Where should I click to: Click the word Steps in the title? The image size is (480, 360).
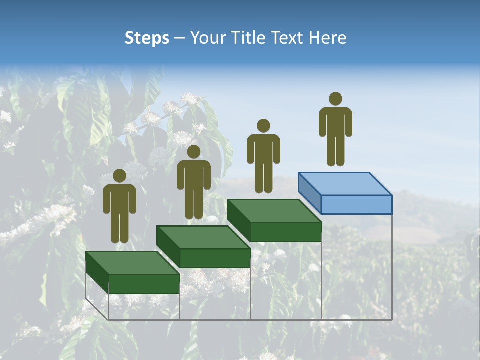click(x=147, y=38)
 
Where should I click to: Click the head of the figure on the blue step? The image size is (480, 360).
click(x=335, y=99)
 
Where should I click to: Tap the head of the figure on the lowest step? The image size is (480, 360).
click(x=119, y=176)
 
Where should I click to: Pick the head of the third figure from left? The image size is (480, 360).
click(x=263, y=126)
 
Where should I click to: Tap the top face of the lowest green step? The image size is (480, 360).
click(x=132, y=263)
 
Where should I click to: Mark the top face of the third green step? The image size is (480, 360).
click(x=274, y=211)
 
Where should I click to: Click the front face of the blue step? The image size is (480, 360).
click(x=356, y=205)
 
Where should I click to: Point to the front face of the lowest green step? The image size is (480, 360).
click(x=144, y=284)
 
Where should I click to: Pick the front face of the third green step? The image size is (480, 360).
click(x=285, y=232)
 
